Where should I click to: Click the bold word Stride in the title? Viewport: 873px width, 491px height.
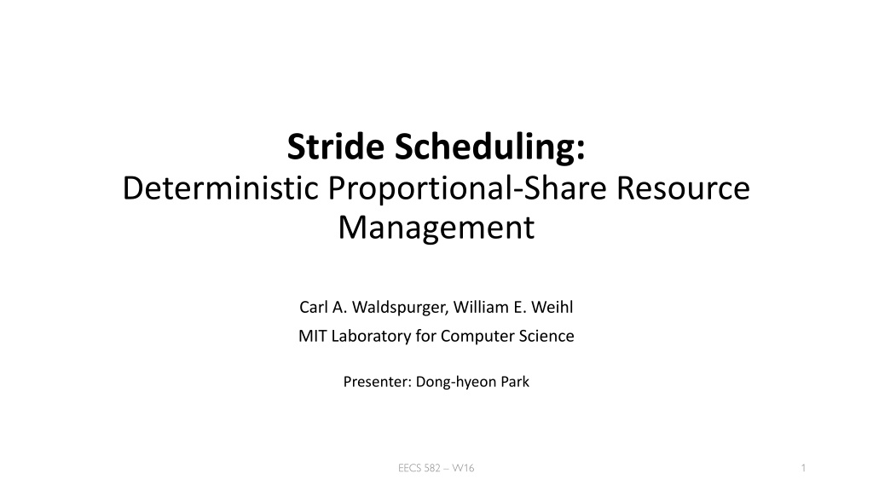[336, 147]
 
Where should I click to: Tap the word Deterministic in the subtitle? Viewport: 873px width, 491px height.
[221, 188]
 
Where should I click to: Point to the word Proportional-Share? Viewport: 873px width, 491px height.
[467, 188]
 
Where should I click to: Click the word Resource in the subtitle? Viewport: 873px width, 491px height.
[683, 188]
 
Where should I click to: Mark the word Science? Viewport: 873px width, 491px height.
[546, 336]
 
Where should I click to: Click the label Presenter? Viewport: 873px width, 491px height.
[378, 382]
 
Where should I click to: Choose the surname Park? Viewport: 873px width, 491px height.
[515, 382]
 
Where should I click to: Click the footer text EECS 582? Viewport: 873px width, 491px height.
[419, 468]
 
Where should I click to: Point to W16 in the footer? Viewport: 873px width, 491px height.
[463, 468]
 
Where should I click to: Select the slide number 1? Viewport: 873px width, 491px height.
[803, 468]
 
